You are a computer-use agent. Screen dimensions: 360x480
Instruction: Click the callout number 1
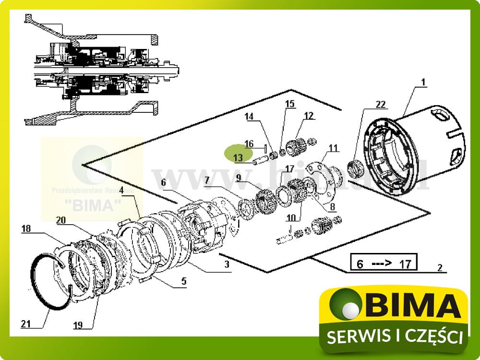coord(423,83)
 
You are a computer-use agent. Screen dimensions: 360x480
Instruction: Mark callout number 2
coord(440,268)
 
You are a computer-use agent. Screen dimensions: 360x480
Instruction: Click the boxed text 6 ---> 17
coord(383,263)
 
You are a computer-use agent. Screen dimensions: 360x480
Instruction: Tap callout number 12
coord(308,115)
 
